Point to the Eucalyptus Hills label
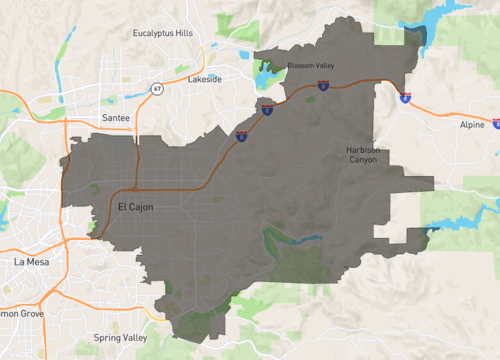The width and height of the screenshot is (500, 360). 163,33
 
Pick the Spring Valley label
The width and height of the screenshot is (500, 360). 120,338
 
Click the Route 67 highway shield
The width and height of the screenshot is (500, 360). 157,89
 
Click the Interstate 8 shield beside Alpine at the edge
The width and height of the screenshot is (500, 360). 496,124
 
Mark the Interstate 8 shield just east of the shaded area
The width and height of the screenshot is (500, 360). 404,99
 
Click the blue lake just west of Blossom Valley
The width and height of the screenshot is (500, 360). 264,76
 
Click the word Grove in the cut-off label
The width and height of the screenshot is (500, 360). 26,313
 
